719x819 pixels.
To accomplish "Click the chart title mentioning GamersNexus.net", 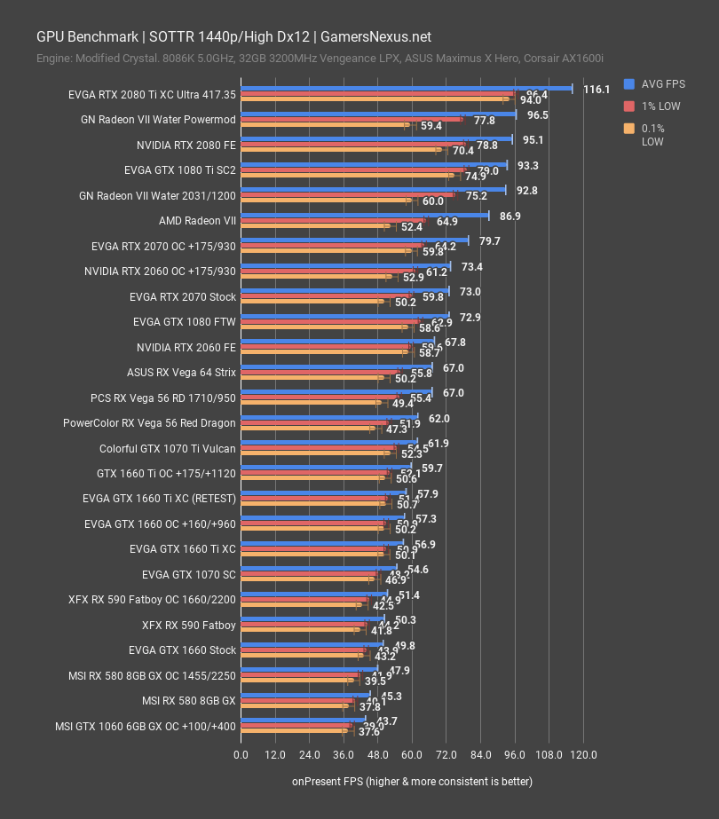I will [233, 36].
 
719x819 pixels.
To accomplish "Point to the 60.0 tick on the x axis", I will [412, 755].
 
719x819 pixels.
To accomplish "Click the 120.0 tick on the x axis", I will [582, 755].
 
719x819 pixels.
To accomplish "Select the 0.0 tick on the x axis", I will [241, 755].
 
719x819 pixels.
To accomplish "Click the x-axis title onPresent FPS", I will [412, 781].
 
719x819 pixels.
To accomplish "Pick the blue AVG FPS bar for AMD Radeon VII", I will [365, 214].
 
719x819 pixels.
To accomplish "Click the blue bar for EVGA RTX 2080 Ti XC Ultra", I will [407, 88].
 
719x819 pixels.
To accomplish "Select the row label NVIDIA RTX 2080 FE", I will [186, 145].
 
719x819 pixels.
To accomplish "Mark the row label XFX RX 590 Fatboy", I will [188, 626].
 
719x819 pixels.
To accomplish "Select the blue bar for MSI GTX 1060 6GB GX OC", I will [303, 720].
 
